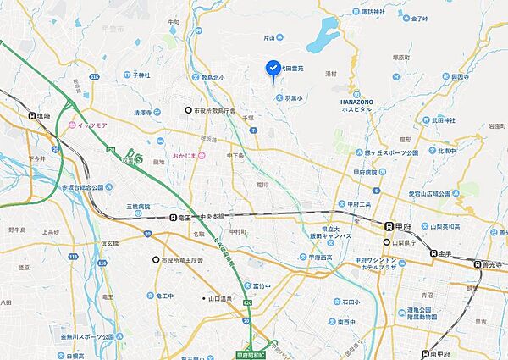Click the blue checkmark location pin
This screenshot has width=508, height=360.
[273, 68]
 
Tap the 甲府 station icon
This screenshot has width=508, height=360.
[389, 226]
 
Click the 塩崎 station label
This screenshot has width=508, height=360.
[37, 117]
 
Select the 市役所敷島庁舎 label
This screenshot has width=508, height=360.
[215, 110]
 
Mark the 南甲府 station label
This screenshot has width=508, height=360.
[450, 353]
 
